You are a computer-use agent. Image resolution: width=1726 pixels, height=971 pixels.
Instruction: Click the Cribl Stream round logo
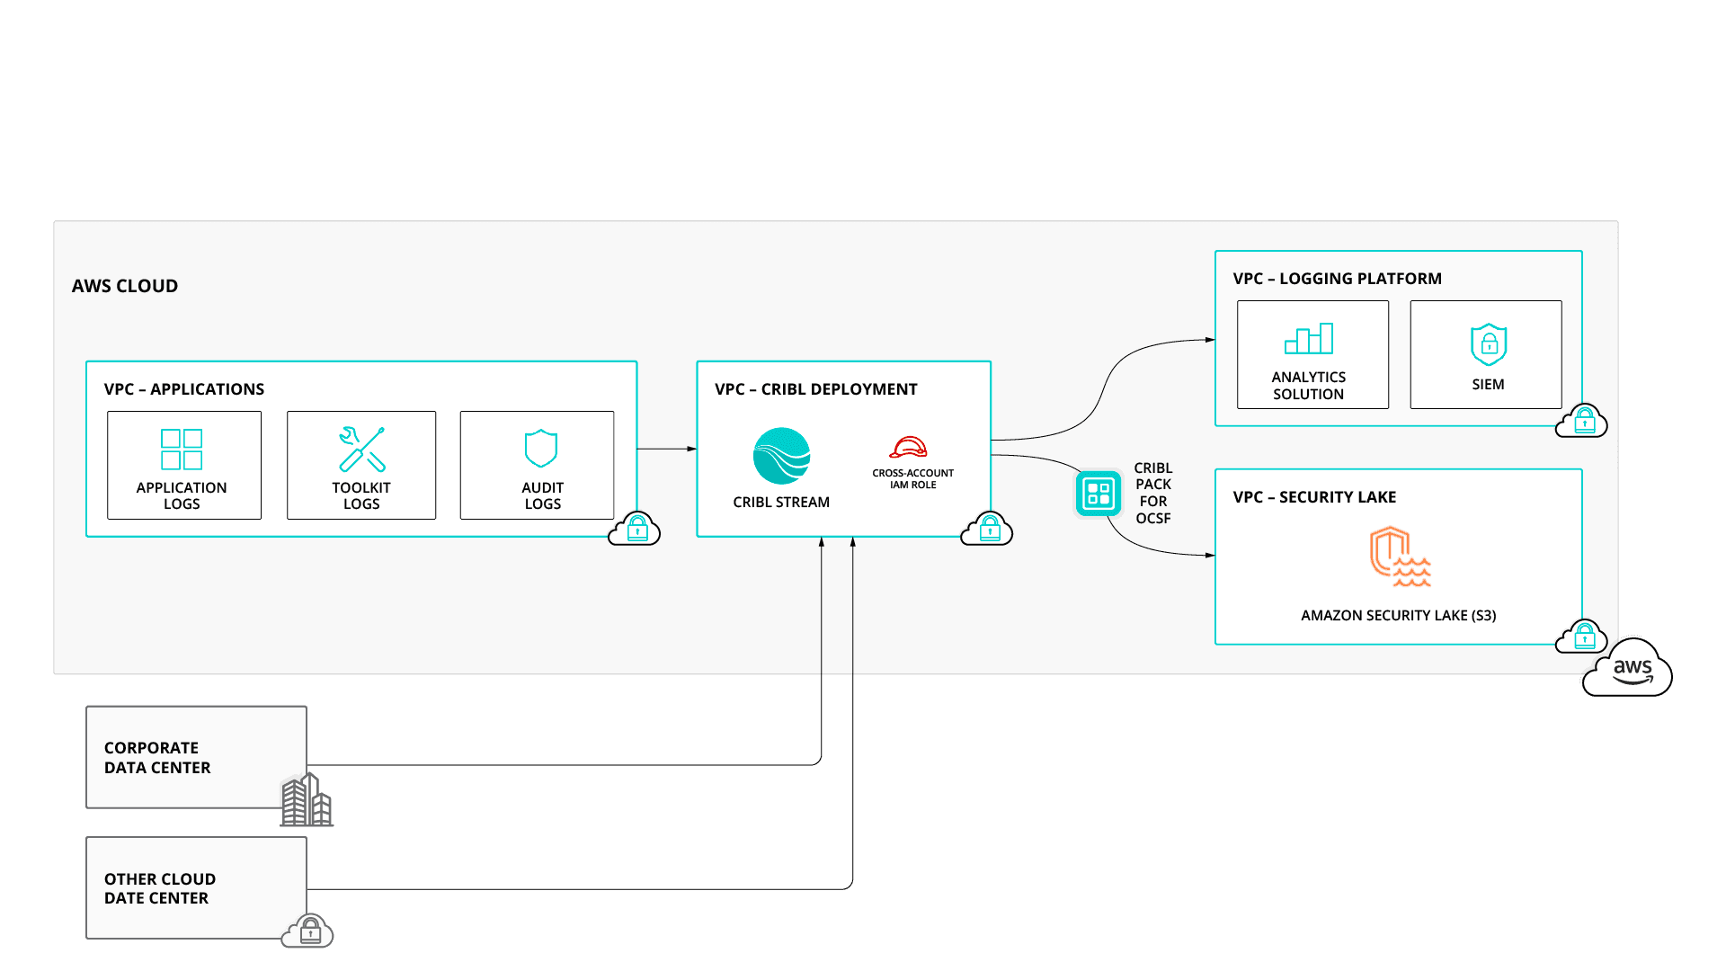coord(781,456)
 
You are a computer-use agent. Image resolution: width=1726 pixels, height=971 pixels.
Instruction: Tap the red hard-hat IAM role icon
coord(908,447)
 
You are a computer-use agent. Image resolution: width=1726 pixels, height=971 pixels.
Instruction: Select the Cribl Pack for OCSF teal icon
coord(1099,494)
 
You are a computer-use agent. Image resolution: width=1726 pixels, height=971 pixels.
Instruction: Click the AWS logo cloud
coord(1627,669)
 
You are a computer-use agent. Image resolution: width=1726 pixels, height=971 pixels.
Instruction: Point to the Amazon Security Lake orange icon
coord(1399,557)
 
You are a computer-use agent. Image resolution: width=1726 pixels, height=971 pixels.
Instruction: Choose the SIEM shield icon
coord(1488,344)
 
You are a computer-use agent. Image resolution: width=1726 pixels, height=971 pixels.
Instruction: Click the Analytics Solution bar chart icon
coord(1309,339)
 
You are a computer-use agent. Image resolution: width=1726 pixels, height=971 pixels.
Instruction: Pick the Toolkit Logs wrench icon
coord(361,449)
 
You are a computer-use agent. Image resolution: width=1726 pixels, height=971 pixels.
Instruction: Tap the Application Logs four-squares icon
coord(182,449)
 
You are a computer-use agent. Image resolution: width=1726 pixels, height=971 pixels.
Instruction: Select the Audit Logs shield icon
coord(541,448)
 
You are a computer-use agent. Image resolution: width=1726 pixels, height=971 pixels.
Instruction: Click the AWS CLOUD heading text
coord(125,286)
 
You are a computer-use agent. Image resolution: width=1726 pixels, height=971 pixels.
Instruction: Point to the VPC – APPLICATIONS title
coord(184,389)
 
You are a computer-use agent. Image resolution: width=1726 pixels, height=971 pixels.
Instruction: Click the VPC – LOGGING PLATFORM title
coord(1337,279)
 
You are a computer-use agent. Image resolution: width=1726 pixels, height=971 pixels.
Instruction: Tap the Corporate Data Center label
coord(157,758)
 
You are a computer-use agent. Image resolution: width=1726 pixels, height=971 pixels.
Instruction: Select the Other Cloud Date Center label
coord(159,888)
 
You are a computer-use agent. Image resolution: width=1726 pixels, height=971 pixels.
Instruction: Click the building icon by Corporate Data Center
coord(307,800)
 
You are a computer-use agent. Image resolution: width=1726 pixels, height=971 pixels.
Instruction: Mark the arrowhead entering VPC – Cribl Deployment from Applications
coord(691,449)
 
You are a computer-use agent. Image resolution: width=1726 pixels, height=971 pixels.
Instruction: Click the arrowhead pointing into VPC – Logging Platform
coord(1210,340)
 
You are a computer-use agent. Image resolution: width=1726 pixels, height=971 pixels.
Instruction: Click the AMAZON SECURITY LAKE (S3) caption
coord(1398,616)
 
